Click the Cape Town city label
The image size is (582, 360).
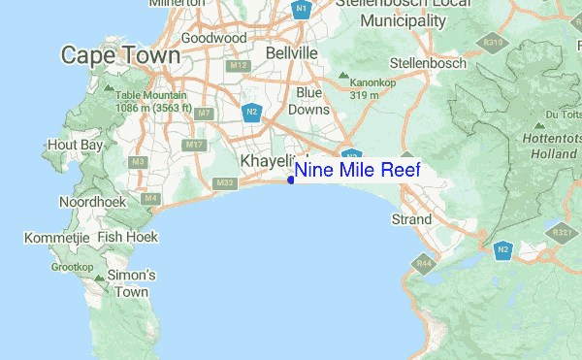[x=120, y=56]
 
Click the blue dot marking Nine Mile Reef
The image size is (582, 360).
[x=291, y=180]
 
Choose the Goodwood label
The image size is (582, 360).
[x=209, y=38]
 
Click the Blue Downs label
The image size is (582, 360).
[x=309, y=100]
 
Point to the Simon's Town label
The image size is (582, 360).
[x=132, y=283]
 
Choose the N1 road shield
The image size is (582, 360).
[x=302, y=11]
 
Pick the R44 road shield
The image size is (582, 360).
[x=424, y=262]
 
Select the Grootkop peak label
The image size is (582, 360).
[x=71, y=267]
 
